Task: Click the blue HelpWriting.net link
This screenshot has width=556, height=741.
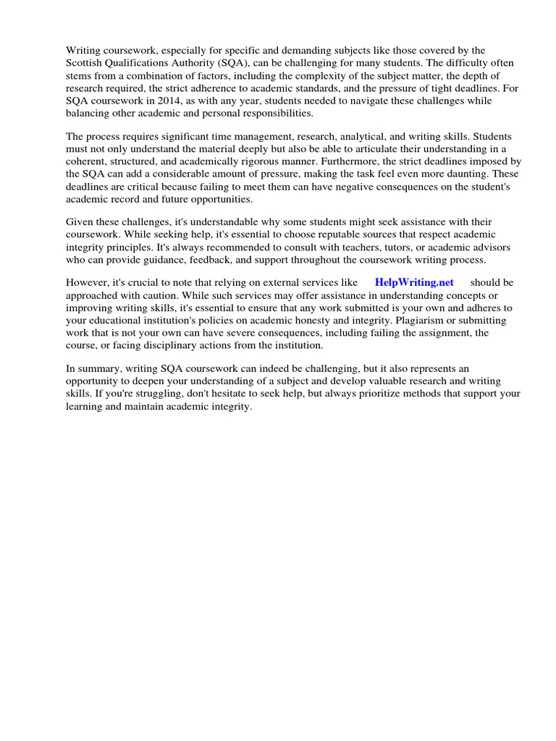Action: click(x=414, y=282)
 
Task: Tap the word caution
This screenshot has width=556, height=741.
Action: click(x=148, y=295)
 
